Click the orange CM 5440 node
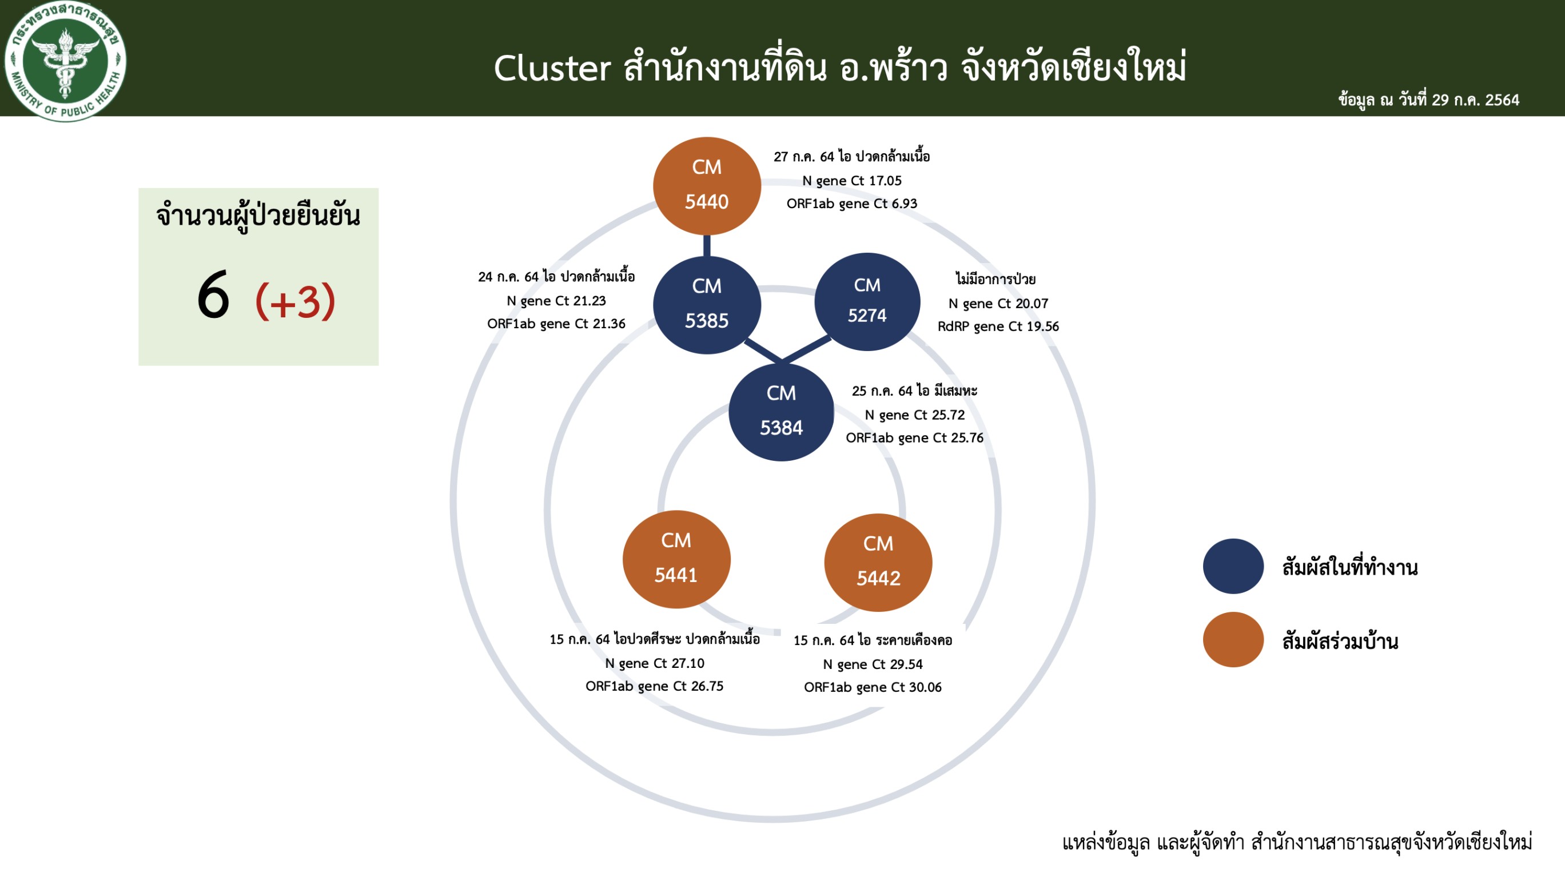(707, 186)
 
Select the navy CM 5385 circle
(707, 304)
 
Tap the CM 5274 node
(867, 301)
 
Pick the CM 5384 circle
(781, 412)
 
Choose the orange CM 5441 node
(676, 559)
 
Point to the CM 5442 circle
(878, 563)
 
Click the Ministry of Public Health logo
(65, 61)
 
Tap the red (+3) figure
(295, 301)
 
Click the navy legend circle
(1233, 566)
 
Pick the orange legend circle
(1233, 640)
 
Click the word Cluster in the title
(552, 68)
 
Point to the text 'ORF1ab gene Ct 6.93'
(852, 204)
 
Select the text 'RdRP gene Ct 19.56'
(998, 326)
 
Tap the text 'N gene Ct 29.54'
(873, 664)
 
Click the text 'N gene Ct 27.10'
(654, 663)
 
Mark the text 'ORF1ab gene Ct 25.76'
(914, 438)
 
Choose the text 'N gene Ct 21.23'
(556, 301)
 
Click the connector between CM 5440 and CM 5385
(707, 245)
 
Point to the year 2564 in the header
(1502, 99)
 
